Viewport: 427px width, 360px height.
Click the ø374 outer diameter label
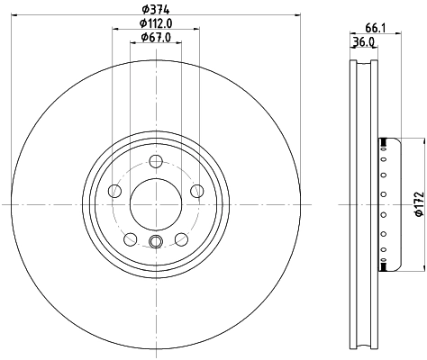tap(156, 9)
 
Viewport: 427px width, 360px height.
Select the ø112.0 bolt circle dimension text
tap(156, 24)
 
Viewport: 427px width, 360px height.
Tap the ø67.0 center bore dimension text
tap(156, 38)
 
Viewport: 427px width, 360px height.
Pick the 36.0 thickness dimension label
tap(362, 41)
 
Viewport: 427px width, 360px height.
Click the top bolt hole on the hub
tap(156, 161)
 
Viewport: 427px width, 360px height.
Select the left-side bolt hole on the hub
tap(114, 191)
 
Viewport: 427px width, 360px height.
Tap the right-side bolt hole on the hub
tap(197, 191)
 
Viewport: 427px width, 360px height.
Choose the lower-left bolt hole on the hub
tap(130, 238)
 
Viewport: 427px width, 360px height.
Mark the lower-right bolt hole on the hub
tap(181, 238)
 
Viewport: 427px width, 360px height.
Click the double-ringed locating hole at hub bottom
tap(156, 241)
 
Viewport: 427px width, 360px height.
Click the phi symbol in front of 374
tap(145, 9)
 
